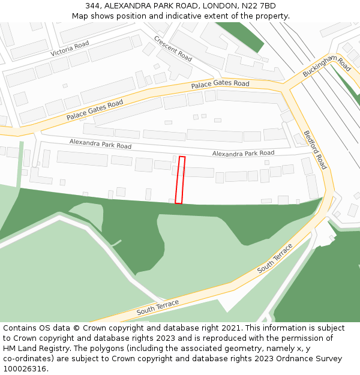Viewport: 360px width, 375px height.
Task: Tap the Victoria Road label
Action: pos(70,49)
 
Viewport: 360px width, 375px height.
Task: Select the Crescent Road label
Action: pos(173,49)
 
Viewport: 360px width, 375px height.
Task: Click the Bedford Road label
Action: pos(315,149)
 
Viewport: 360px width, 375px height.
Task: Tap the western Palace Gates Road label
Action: pos(95,109)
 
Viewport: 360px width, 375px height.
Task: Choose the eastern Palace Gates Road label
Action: pos(220,85)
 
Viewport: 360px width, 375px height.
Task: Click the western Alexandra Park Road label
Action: pos(100,144)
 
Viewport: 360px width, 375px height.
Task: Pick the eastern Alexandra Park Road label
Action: pos(243,154)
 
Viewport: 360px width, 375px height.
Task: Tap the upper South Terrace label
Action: pos(275,259)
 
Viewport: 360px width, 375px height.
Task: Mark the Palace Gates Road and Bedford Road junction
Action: pos(287,91)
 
